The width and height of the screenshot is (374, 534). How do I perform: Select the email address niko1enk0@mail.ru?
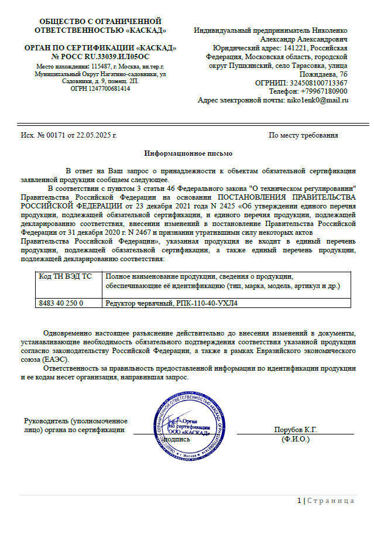click(x=317, y=100)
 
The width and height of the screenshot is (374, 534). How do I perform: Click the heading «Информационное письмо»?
click(x=188, y=153)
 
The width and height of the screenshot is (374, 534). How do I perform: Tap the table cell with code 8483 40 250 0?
click(x=61, y=303)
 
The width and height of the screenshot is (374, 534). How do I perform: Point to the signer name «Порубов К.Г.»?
click(x=296, y=430)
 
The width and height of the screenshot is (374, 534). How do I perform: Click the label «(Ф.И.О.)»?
click(x=296, y=439)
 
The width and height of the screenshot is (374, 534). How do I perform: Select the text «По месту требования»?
click(x=303, y=135)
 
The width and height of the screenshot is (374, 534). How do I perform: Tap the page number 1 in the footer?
click(x=299, y=501)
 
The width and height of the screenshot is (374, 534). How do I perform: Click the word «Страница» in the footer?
click(x=331, y=501)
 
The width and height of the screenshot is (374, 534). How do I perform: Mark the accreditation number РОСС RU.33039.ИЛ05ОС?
click(x=100, y=56)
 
